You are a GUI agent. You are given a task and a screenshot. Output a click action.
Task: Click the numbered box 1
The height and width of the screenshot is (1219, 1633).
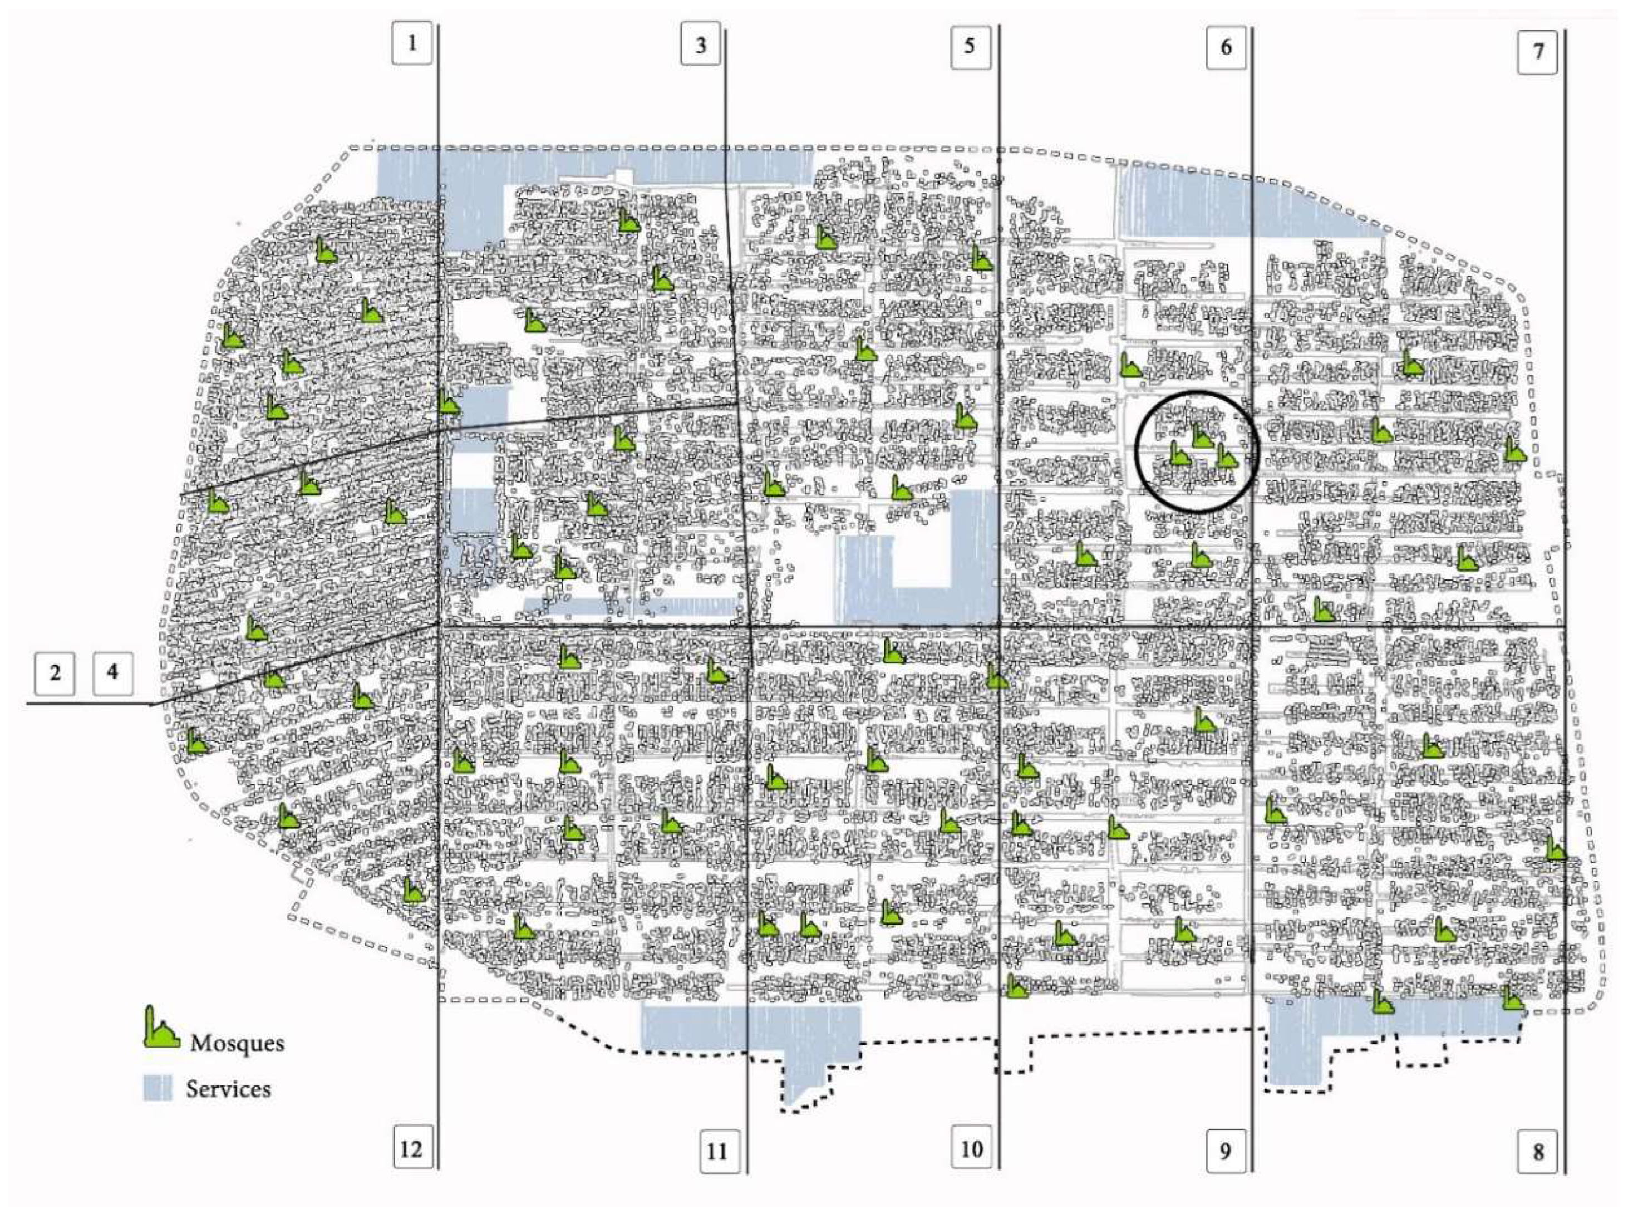click(x=411, y=43)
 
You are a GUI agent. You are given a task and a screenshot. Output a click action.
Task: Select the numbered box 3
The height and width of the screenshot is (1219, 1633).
click(x=700, y=45)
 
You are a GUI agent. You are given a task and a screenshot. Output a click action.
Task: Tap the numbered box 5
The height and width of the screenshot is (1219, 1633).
click(x=970, y=47)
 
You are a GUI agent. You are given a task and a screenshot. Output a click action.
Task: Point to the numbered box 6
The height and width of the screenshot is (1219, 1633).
click(x=1226, y=47)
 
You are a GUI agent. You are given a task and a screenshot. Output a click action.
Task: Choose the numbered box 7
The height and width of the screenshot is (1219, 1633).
click(x=1538, y=52)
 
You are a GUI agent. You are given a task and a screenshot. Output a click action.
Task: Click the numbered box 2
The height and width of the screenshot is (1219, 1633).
click(x=55, y=673)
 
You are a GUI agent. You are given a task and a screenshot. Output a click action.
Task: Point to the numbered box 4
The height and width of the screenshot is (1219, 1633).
click(x=112, y=673)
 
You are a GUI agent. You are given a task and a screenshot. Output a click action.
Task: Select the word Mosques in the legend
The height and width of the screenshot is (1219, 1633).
click(x=237, y=1043)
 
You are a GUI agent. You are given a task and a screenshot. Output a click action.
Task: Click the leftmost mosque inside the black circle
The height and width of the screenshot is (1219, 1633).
click(x=1180, y=454)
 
